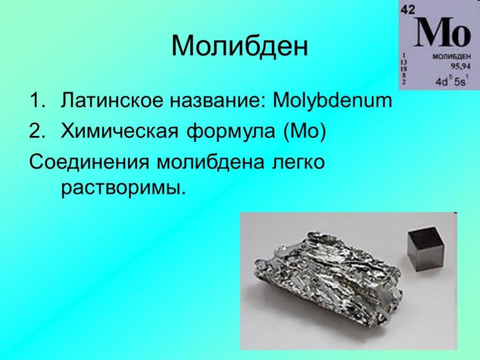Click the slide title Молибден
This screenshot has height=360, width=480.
click(240, 45)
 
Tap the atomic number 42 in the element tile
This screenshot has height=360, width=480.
click(408, 10)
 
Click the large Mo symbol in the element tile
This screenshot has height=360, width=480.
click(442, 32)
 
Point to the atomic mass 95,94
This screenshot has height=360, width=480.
click(460, 66)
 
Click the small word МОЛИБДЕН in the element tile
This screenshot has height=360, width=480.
click(451, 57)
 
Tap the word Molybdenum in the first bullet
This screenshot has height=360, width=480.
click(332, 100)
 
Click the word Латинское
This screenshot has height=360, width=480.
click(112, 100)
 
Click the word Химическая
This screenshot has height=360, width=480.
click(120, 131)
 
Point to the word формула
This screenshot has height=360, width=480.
click(231, 132)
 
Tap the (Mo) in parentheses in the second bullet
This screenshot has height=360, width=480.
click(305, 131)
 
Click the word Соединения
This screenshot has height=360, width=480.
click(89, 162)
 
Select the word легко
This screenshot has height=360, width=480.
click(298, 162)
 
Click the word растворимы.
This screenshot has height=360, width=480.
click(123, 188)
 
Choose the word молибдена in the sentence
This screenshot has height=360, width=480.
click(210, 162)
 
